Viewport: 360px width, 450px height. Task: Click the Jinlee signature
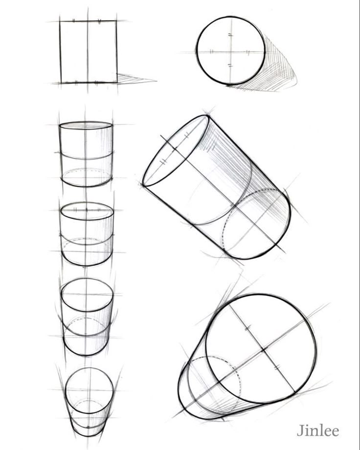coord(317,431)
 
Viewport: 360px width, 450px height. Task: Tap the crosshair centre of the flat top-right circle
coord(230,51)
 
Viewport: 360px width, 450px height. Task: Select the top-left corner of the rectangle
coord(60,21)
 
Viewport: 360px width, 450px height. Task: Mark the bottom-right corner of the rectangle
coord(116,82)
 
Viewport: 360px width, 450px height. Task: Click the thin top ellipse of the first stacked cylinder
coord(86,126)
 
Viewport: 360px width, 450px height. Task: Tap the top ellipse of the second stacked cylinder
coord(87,211)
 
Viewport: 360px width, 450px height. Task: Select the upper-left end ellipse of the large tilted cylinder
coord(176,150)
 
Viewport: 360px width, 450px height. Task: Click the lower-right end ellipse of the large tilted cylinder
coord(256,224)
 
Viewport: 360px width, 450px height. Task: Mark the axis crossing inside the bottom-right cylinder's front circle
coord(263,350)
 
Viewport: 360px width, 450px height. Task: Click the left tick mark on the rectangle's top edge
coord(74,21)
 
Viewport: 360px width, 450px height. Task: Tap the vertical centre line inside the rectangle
coord(88,51)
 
